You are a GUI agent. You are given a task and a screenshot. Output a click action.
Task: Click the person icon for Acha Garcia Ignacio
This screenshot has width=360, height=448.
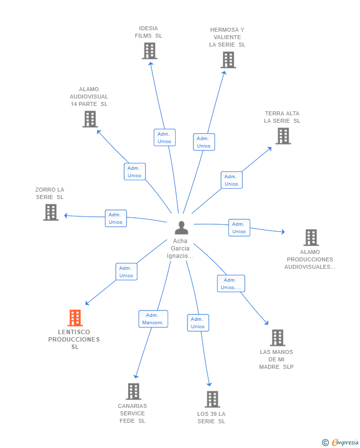(181, 227)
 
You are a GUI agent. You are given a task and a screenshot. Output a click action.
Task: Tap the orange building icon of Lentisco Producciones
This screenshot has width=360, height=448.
(75, 318)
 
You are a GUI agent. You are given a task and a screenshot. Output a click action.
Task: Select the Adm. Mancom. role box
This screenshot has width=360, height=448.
(153, 319)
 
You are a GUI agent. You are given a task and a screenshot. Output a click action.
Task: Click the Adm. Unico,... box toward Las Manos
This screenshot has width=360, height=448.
(230, 284)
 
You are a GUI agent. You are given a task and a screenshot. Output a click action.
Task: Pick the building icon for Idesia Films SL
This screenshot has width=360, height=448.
(150, 51)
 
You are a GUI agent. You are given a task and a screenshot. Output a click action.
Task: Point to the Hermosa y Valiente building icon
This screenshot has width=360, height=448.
(228, 60)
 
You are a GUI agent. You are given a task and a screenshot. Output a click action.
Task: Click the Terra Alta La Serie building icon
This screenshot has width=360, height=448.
(283, 136)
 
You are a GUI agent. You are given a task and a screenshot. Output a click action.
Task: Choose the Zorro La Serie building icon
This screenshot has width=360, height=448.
(51, 212)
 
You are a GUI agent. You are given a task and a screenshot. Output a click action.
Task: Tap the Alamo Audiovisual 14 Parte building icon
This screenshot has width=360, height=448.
(90, 119)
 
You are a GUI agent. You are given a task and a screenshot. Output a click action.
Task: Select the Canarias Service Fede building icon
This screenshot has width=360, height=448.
(134, 392)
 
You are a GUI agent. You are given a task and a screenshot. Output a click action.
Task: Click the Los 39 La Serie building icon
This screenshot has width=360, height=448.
(213, 399)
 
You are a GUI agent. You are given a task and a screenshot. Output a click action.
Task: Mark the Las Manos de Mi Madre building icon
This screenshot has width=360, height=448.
(277, 338)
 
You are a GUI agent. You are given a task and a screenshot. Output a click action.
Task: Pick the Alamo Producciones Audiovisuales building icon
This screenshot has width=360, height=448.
(311, 238)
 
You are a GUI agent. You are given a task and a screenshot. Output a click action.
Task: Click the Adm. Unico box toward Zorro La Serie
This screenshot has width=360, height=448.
(116, 219)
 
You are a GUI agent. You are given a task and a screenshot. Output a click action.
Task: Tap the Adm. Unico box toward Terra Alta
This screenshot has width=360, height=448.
(231, 180)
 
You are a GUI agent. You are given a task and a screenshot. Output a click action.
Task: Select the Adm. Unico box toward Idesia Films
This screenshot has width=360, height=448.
(165, 138)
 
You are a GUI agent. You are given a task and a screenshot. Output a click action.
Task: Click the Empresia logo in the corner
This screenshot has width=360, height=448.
(340, 442)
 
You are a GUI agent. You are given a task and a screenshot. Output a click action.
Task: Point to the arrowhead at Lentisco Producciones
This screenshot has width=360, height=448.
(87, 303)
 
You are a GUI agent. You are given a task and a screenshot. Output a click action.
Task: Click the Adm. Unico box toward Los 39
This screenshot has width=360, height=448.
(198, 323)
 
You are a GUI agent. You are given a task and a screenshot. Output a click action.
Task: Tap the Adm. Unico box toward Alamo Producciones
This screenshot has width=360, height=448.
(239, 228)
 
